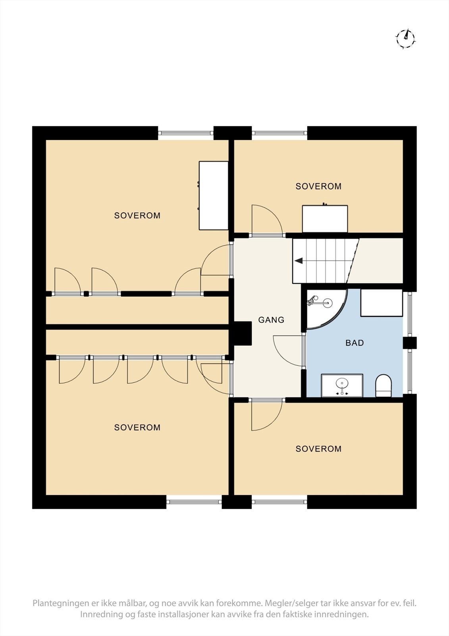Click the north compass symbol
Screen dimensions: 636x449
click(x=405, y=39)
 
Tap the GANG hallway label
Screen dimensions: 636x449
click(x=271, y=320)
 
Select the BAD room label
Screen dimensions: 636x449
click(x=355, y=343)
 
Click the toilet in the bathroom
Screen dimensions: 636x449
click(x=383, y=385)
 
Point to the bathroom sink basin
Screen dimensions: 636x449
click(x=342, y=384)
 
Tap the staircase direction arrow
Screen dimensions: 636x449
click(x=299, y=261)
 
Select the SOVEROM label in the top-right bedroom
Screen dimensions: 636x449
click(x=318, y=186)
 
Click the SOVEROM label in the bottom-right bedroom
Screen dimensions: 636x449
click(x=318, y=449)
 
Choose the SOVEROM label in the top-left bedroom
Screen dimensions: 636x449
click(x=137, y=215)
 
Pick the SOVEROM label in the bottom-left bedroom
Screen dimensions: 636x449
click(x=137, y=427)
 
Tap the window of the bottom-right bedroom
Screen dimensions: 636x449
click(x=279, y=502)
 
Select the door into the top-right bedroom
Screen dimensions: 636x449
click(x=266, y=221)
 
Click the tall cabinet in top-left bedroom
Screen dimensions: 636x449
click(x=214, y=195)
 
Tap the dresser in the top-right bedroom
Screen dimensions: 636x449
click(x=325, y=219)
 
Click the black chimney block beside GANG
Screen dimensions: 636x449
click(x=243, y=333)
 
